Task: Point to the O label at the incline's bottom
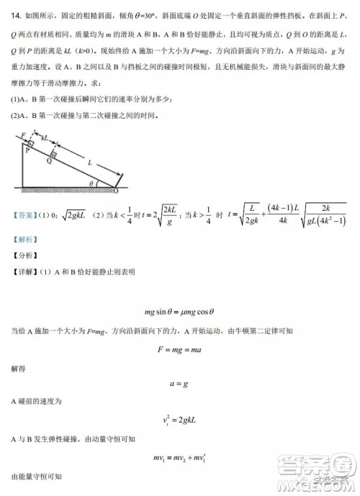coord(116,193)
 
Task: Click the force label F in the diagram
coord(22,133)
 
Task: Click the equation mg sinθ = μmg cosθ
coord(180,312)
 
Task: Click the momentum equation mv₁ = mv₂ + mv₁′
coord(180,458)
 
